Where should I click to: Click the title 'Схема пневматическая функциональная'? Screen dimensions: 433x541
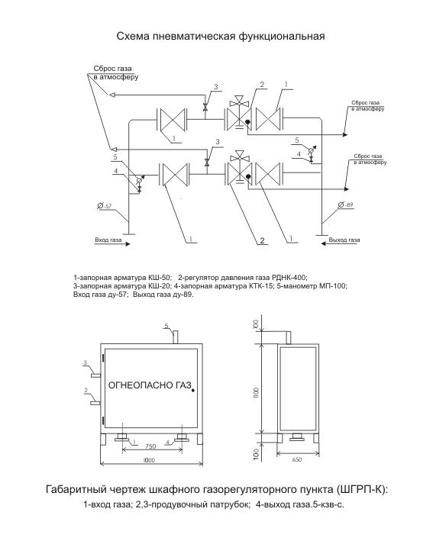point(220,37)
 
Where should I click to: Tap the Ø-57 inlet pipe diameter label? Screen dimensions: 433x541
point(105,206)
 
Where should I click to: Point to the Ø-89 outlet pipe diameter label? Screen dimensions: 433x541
point(345,205)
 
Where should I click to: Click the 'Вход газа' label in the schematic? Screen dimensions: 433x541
point(108,240)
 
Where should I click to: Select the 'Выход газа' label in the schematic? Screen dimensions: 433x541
point(344,240)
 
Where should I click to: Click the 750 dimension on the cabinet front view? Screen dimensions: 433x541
point(150,446)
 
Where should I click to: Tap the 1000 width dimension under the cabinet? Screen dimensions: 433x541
point(149,460)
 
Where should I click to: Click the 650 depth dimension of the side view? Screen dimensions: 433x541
point(296,459)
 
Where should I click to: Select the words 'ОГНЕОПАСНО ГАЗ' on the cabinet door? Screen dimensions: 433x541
point(150,385)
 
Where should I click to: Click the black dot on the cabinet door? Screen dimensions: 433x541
point(193,390)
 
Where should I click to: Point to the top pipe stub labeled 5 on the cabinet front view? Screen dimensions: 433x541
point(176,337)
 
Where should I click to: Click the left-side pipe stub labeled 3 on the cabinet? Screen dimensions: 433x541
point(95,375)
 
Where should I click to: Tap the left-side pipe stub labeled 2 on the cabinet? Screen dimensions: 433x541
point(95,403)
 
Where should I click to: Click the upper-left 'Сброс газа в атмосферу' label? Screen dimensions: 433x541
point(115,72)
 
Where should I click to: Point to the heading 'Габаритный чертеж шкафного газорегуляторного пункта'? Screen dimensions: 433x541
point(189,490)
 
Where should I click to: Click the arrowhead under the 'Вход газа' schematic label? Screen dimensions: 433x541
point(128,244)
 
